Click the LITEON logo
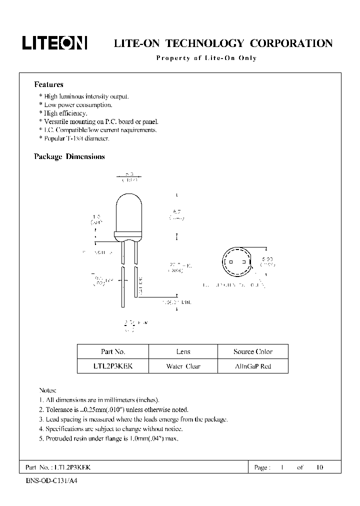[x=54, y=43]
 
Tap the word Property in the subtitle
[x=172, y=58]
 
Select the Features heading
[x=48, y=84]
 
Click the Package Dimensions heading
[x=69, y=156]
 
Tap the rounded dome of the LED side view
[x=128, y=205]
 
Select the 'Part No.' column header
[x=113, y=351]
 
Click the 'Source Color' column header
[x=253, y=351]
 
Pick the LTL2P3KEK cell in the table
[x=113, y=366]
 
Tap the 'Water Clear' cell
[x=183, y=366]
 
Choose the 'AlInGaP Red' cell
[x=253, y=366]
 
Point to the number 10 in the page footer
[x=319, y=467]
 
